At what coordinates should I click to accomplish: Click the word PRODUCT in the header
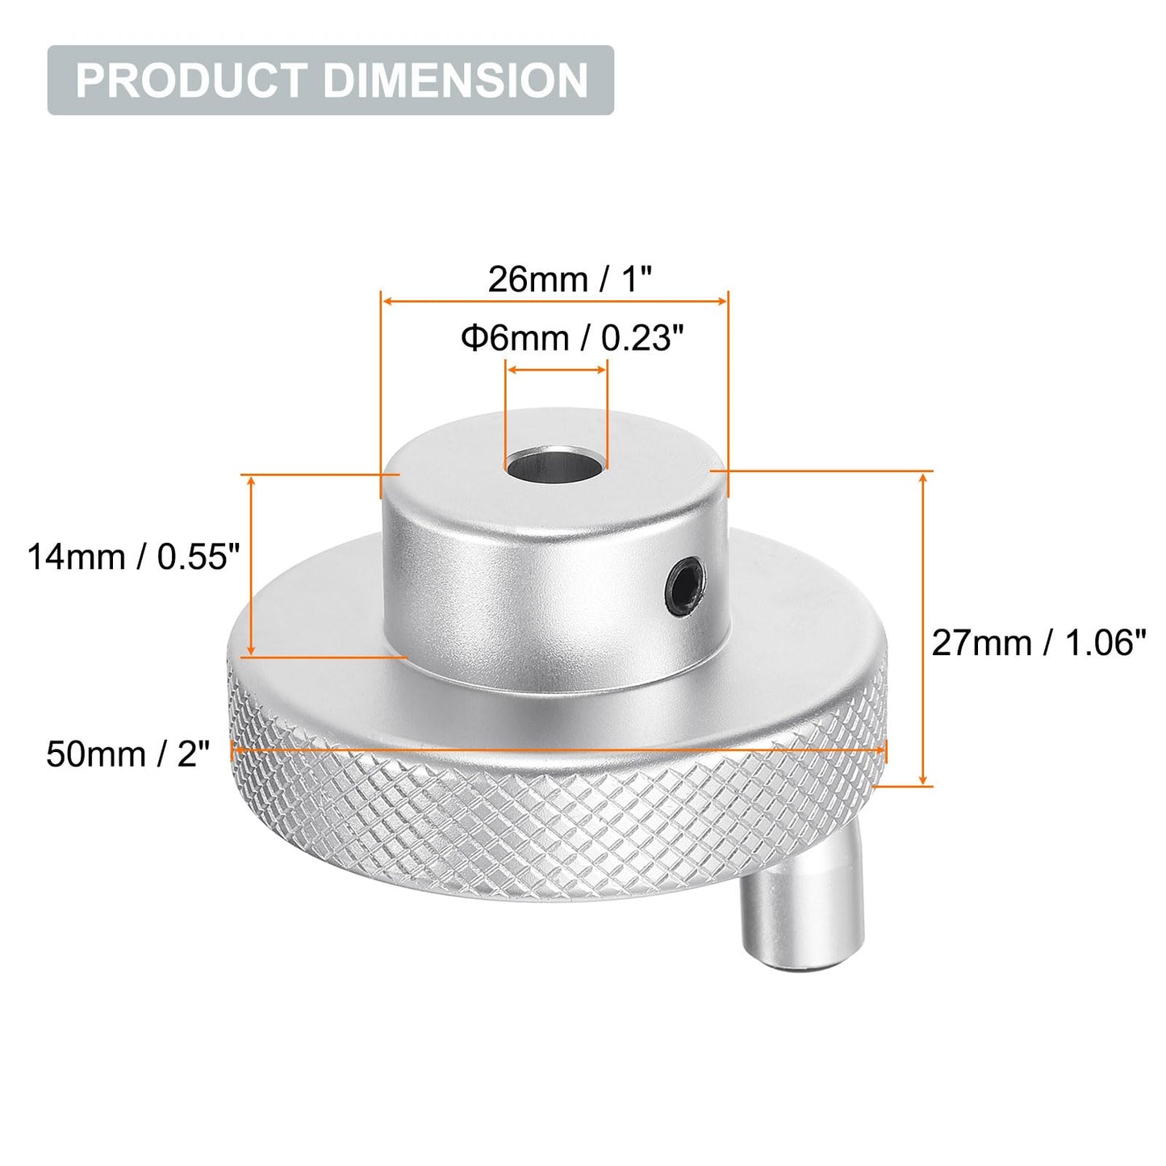point(190,81)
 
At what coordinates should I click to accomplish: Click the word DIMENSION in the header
point(456,81)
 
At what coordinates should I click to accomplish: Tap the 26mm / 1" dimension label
point(569,280)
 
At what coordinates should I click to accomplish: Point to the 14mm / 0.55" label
point(134,557)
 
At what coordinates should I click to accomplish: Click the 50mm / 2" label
point(127,754)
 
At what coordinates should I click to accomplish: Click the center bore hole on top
point(555,465)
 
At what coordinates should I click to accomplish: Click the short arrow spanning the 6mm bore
point(555,370)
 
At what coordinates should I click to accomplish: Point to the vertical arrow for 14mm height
point(252,565)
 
